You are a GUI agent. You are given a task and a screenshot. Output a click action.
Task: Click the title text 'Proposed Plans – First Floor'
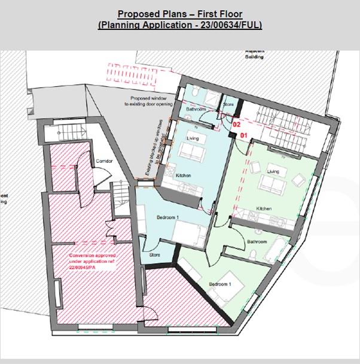pyautogui.click(x=179, y=14)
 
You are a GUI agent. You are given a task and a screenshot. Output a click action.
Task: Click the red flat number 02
pyautogui.click(x=236, y=126)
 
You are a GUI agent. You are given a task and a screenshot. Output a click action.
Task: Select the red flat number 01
pyautogui.click(x=243, y=136)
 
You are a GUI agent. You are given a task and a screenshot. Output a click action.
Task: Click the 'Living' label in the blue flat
pyautogui.click(x=193, y=139)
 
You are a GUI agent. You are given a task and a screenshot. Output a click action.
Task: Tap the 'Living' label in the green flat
pyautogui.click(x=273, y=172)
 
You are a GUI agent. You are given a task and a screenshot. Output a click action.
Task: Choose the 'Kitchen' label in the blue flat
pyautogui.click(x=183, y=175)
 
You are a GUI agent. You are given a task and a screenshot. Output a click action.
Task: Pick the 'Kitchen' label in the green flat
pyautogui.click(x=264, y=208)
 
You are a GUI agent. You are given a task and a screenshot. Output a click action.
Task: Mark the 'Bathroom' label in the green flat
pyautogui.click(x=257, y=242)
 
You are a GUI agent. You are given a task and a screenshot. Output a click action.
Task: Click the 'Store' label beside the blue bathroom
pyautogui.click(x=228, y=105)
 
